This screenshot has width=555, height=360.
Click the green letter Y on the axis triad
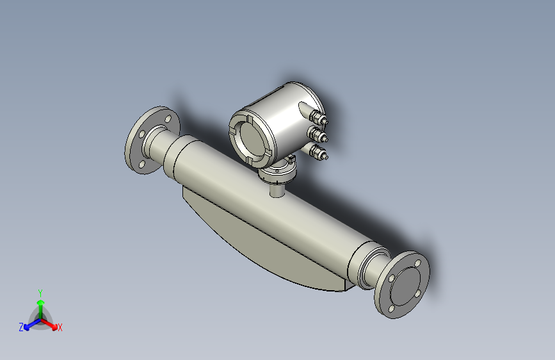coord(40,291)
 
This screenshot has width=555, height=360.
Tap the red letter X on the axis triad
coord(60,327)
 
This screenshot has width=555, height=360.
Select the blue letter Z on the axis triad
coord(21,327)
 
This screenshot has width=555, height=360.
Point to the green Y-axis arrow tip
coord(40,301)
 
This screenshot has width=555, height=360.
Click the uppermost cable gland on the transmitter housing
coord(318,118)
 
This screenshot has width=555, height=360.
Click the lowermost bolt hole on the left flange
coord(141,165)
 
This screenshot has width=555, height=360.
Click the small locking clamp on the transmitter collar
coord(291,158)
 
